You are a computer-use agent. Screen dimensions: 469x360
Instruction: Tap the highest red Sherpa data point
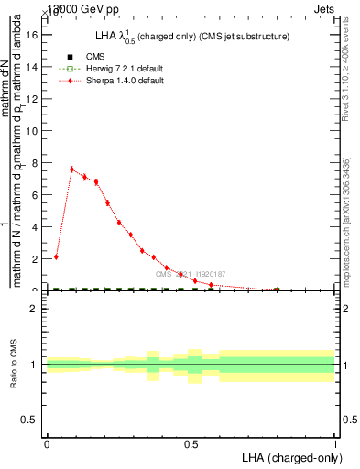pyautogui.click(x=71, y=169)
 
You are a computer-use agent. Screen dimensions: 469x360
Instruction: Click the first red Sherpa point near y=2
pyautogui.click(x=57, y=256)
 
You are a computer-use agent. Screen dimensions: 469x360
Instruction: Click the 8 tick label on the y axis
pyautogui.click(x=37, y=164)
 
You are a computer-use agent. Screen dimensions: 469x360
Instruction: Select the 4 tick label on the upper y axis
pyautogui.click(x=37, y=227)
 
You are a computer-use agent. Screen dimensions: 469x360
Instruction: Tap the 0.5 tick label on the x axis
pyautogui.click(x=191, y=444)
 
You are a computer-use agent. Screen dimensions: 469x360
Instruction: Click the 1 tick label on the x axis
pyautogui.click(x=334, y=444)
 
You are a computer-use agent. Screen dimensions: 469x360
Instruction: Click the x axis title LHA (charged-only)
pyautogui.click(x=291, y=457)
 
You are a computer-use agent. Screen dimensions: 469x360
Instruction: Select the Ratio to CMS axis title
pyautogui.click(x=14, y=365)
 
